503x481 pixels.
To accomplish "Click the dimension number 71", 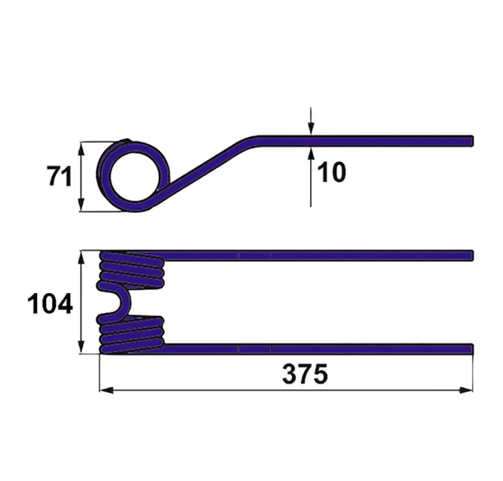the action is [x=59, y=176].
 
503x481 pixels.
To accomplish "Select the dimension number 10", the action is [x=331, y=172].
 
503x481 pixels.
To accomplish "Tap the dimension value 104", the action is [x=50, y=303].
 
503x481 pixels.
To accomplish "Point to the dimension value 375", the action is [x=305, y=374].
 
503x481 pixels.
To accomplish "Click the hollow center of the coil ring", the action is [x=135, y=176].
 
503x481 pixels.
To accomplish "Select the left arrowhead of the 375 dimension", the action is [x=107, y=390].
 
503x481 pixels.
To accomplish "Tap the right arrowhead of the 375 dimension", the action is [x=466, y=390].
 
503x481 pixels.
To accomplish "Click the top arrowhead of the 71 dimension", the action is [x=81, y=149].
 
